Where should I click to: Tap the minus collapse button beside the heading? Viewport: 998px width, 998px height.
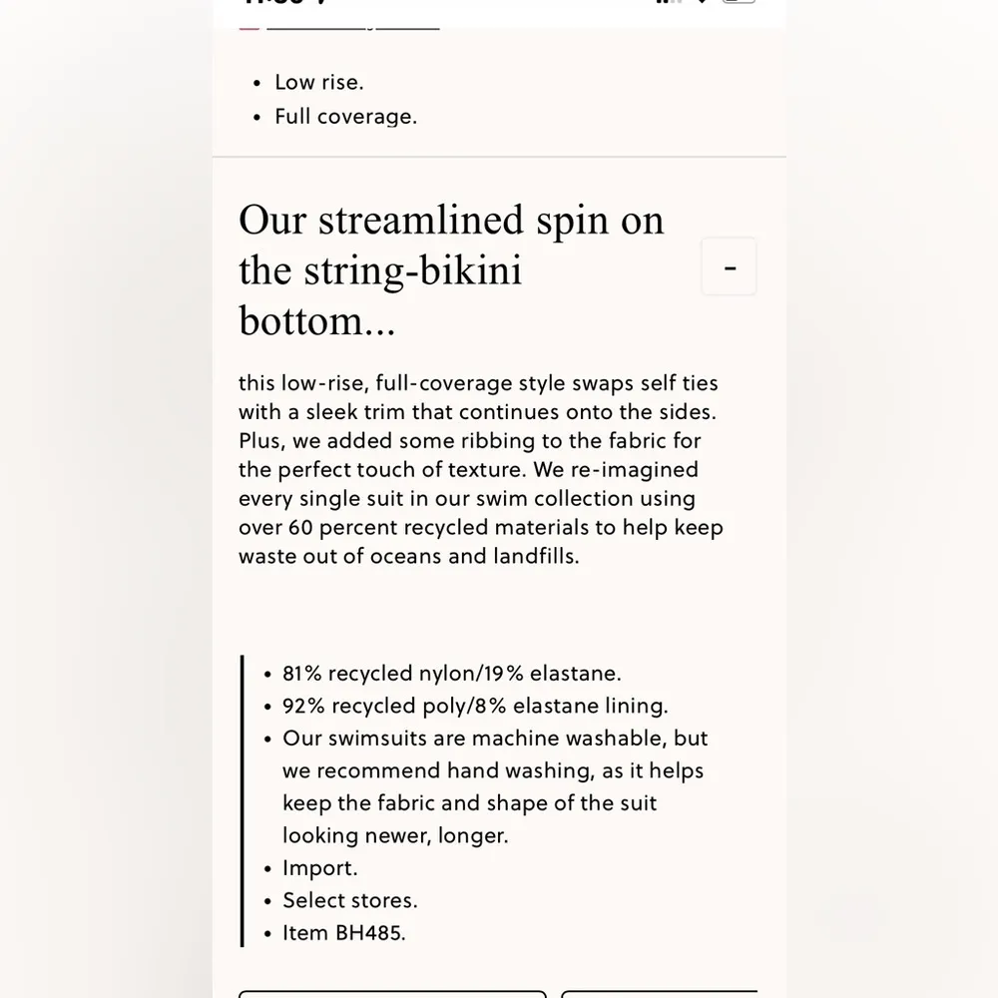730,267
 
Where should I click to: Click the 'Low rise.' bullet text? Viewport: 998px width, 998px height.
319,82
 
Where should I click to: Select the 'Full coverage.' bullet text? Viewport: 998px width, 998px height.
345,117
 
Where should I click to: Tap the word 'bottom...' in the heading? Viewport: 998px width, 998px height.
317,320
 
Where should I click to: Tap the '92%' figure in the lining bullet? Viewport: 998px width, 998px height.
303,706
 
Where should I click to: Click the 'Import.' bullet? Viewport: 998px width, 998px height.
319,868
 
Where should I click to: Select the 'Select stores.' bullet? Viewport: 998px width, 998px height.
349,900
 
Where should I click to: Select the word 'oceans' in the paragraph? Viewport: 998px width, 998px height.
405,556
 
